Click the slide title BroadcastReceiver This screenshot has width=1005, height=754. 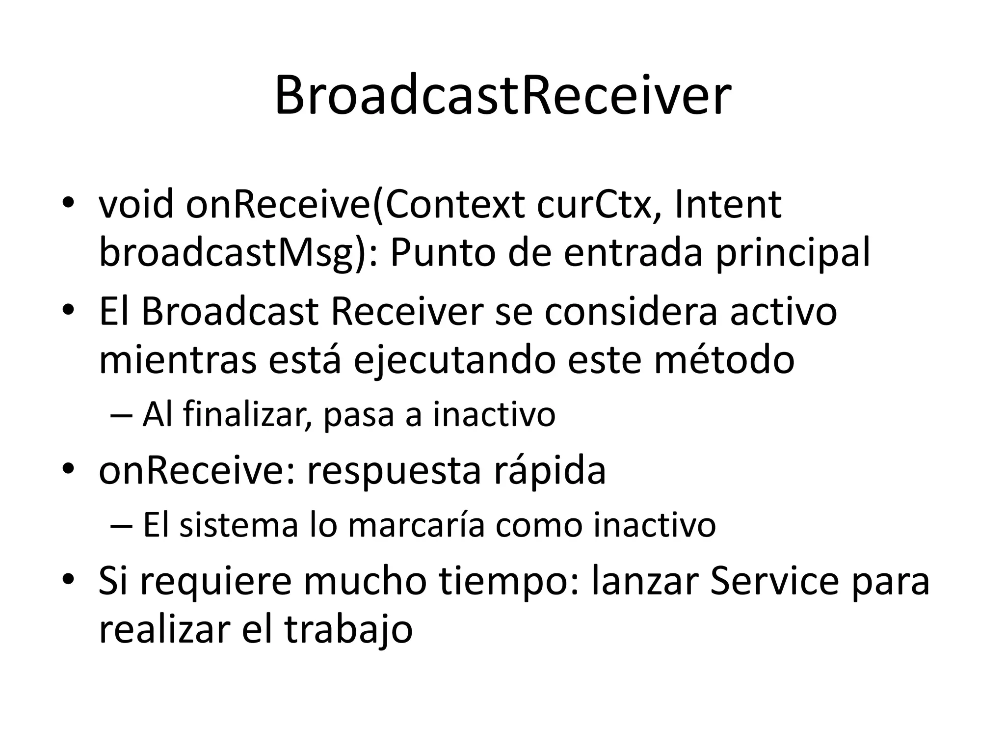pyautogui.click(x=502, y=96)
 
